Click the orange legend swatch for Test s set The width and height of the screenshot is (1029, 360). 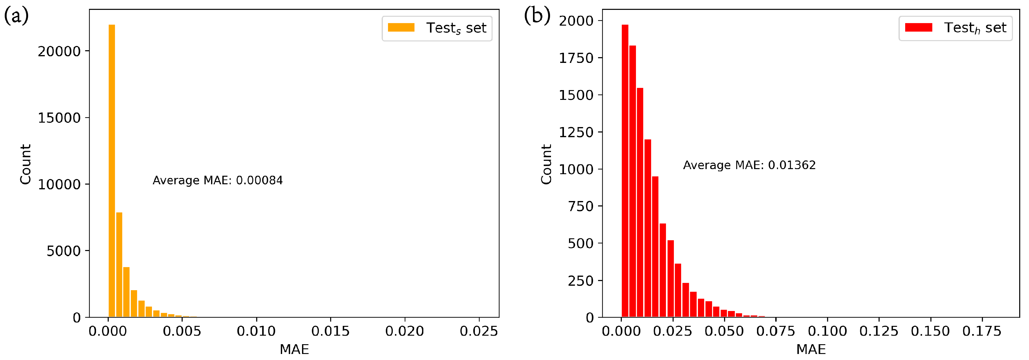(x=401, y=27)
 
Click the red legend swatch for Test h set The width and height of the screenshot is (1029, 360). (x=918, y=27)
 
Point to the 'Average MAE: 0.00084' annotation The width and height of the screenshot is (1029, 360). (x=218, y=180)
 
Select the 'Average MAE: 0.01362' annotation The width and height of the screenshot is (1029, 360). (x=749, y=165)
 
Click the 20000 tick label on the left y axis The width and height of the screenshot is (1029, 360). (x=59, y=52)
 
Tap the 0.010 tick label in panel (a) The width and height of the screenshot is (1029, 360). (x=256, y=331)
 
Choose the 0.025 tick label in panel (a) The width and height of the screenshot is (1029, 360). (x=479, y=331)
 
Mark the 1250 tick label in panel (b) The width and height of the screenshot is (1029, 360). (x=576, y=132)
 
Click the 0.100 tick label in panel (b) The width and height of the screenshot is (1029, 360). (x=827, y=331)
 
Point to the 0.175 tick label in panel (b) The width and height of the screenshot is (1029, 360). (x=982, y=331)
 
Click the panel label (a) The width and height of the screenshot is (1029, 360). (x=16, y=16)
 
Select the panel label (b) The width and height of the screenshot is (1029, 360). (x=537, y=16)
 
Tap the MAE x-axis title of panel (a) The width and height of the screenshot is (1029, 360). (x=294, y=350)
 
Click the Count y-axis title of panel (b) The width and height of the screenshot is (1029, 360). (x=546, y=164)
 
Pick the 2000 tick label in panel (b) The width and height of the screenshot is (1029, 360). (x=576, y=21)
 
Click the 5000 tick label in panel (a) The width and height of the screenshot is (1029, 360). (x=64, y=251)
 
